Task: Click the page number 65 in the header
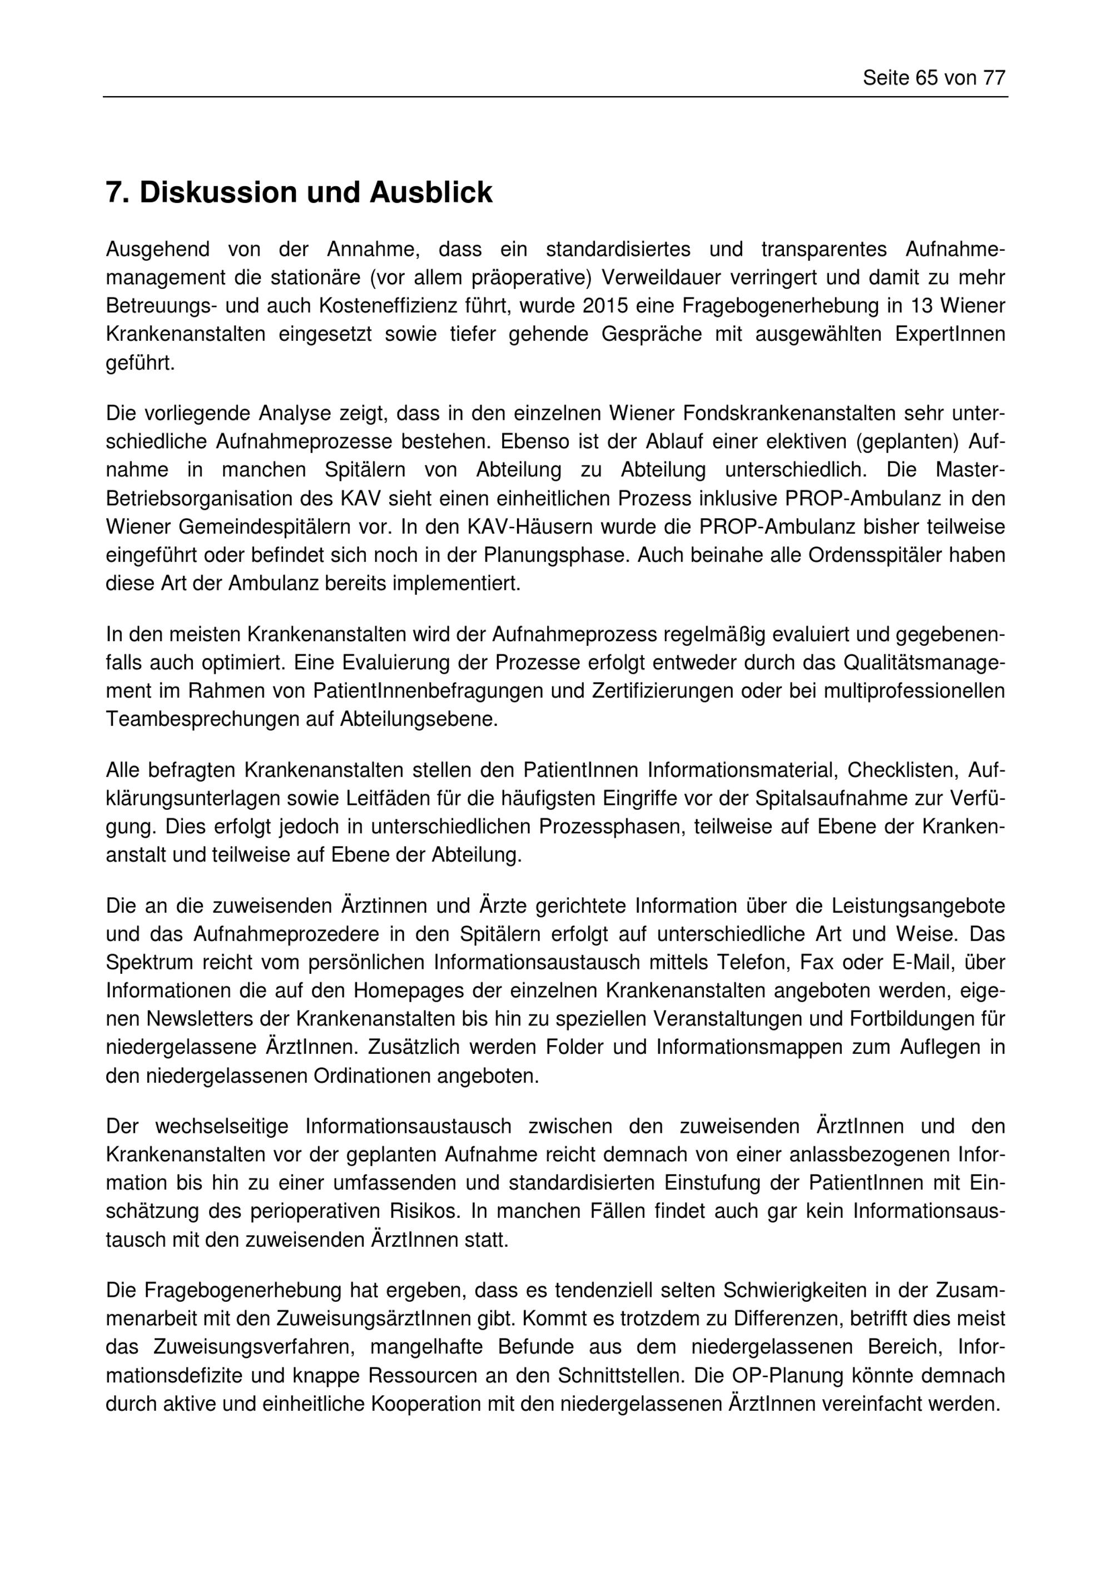[926, 79]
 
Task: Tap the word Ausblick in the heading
[431, 193]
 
